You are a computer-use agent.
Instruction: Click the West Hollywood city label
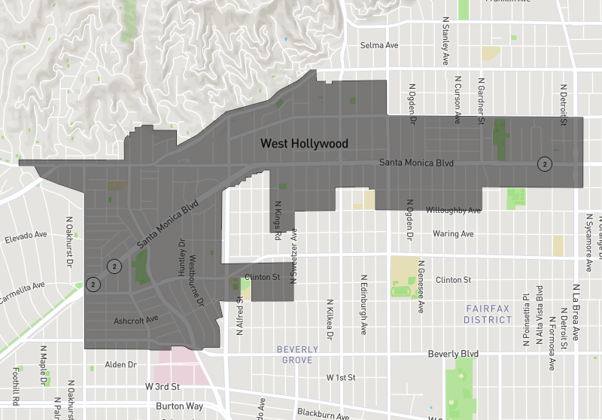[304, 144]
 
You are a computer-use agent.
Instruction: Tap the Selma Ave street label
[379, 45]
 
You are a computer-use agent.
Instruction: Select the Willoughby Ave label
[453, 210]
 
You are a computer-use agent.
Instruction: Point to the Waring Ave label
[453, 234]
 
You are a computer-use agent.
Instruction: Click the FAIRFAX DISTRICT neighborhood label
[488, 314]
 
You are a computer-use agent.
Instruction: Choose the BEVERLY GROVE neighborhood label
[297, 355]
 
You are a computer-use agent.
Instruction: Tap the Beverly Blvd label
[453, 354]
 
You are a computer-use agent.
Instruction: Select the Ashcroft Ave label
[136, 320]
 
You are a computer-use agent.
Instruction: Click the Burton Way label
[180, 406]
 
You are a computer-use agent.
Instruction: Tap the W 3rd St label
[163, 387]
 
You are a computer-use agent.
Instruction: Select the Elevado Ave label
[25, 237]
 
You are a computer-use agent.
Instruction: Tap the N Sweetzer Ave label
[295, 257]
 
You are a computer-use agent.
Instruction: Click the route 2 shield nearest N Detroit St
[545, 163]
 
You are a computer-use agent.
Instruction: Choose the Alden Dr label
[120, 364]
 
